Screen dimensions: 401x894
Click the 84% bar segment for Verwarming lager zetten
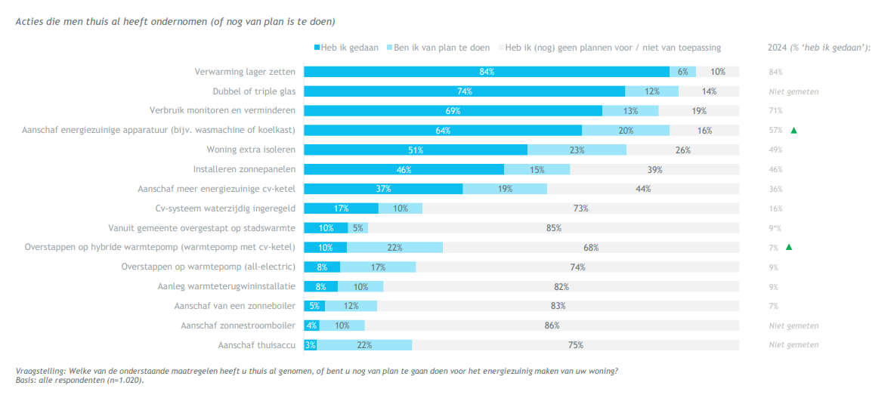point(486,72)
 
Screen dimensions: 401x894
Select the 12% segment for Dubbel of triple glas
point(651,91)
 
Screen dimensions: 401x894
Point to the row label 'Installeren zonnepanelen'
point(244,169)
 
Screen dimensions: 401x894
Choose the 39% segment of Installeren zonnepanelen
point(654,169)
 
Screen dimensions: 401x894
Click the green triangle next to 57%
point(794,131)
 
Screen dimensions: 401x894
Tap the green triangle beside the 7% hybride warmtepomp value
point(789,247)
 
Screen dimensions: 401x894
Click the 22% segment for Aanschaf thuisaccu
point(364,345)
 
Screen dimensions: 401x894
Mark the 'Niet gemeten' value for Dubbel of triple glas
point(793,91)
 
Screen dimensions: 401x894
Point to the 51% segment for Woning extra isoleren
point(416,150)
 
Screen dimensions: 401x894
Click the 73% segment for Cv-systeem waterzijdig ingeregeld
point(580,208)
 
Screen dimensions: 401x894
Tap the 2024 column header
point(819,48)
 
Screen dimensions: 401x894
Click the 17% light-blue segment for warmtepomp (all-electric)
point(378,267)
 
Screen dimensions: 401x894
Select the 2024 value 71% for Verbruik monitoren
point(775,111)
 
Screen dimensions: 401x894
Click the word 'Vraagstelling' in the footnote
point(39,371)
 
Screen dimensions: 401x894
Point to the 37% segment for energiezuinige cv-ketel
point(383,189)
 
